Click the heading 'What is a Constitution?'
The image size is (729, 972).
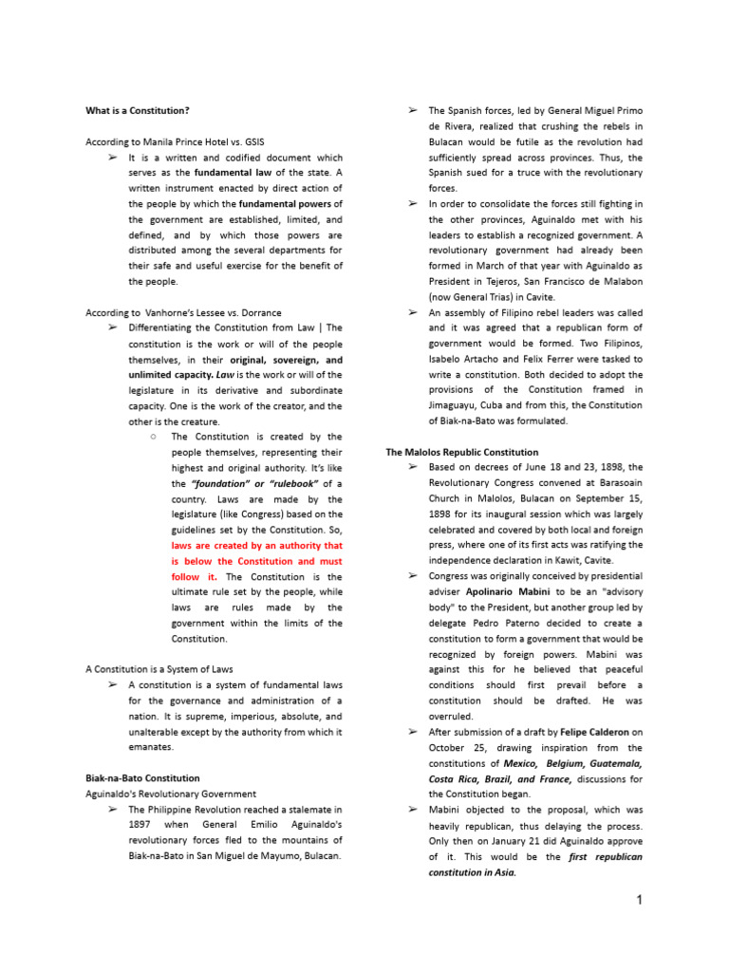tap(144, 111)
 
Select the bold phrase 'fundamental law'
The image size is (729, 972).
tap(232, 173)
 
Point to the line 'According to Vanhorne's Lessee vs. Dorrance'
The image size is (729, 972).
tap(183, 312)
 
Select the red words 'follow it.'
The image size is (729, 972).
tap(195, 576)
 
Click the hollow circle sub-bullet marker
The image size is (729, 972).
tap(152, 437)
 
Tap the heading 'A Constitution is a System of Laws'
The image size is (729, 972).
tap(159, 669)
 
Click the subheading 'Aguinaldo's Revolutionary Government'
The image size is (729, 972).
tap(171, 794)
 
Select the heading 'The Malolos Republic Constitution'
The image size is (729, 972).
tap(461, 452)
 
